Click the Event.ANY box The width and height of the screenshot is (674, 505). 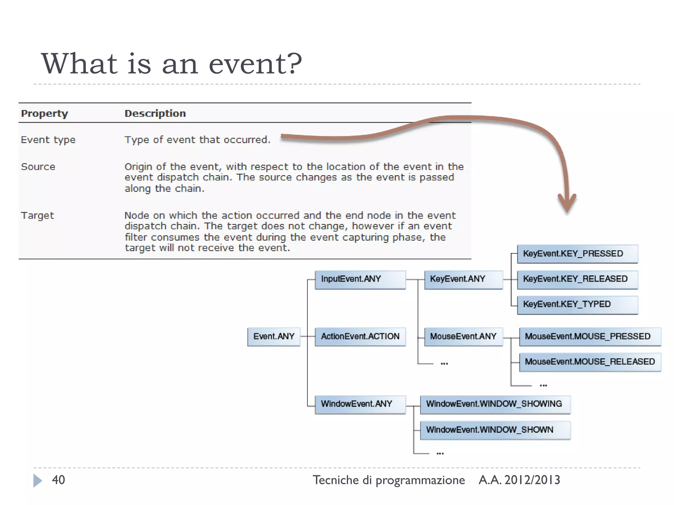(274, 336)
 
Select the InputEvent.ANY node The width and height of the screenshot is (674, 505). (360, 279)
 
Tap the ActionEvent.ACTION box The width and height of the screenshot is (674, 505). (360, 336)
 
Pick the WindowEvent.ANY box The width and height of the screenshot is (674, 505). (360, 404)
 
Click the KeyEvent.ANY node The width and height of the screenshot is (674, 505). (463, 279)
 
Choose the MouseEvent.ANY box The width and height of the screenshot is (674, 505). (463, 336)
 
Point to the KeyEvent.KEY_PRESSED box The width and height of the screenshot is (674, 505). (578, 254)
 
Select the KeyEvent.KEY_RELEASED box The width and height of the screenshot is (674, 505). (578, 279)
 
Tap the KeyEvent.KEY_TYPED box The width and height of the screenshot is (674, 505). (578, 304)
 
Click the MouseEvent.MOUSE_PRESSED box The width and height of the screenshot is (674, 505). (590, 336)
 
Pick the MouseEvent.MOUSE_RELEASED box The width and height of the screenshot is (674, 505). (590, 362)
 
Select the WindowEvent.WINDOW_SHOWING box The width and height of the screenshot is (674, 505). (495, 404)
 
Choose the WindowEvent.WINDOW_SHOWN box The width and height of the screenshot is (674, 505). (495, 430)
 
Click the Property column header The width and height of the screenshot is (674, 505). (44, 113)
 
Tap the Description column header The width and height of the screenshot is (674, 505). (155, 113)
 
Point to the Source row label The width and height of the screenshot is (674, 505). (38, 167)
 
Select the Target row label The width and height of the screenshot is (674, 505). (38, 216)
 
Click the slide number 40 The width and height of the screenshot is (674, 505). (58, 480)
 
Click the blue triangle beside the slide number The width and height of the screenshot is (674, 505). (38, 481)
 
